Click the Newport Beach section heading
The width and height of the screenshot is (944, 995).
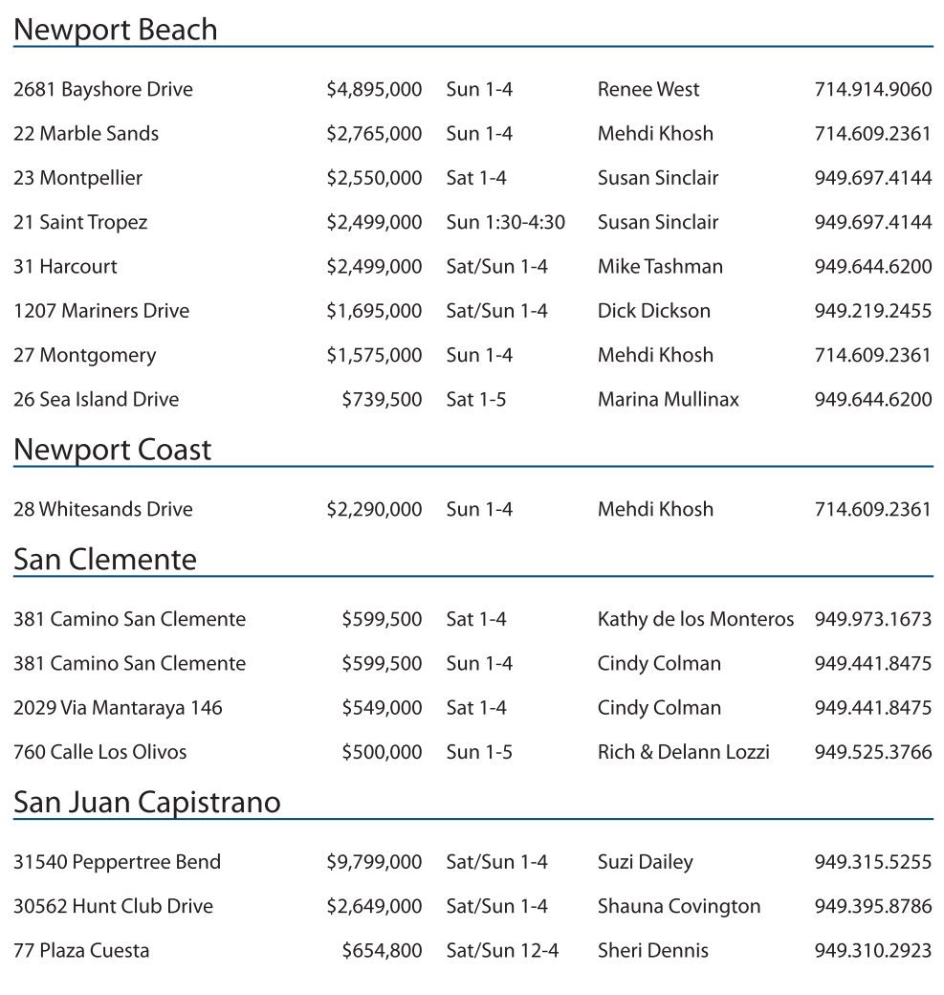pos(116,30)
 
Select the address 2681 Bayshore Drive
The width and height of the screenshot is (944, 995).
pos(103,90)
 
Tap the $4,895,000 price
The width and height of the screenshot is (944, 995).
pos(374,90)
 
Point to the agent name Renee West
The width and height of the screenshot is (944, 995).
pos(648,90)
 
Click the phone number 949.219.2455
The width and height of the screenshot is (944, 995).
pos(872,311)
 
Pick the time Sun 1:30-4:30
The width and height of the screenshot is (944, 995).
pos(505,223)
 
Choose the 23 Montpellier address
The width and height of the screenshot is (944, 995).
pos(78,179)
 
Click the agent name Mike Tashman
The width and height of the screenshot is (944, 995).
pos(660,267)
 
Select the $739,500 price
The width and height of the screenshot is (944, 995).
pos(382,400)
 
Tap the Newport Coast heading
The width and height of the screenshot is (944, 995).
pos(113,450)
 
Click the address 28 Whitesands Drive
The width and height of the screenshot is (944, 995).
pos(103,510)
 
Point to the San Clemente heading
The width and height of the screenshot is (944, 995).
pos(105,560)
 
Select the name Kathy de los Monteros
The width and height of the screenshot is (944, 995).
pos(695,620)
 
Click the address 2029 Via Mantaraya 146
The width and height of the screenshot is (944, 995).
pos(118,709)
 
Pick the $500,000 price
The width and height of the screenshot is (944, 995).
pos(382,753)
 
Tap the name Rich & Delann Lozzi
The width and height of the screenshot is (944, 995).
pos(683,753)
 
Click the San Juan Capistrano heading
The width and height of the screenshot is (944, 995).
pos(147,802)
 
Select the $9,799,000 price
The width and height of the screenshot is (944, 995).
pos(374,863)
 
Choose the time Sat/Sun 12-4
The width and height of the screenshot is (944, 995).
pos(502,951)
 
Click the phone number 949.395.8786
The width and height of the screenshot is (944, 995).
pos(872,907)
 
